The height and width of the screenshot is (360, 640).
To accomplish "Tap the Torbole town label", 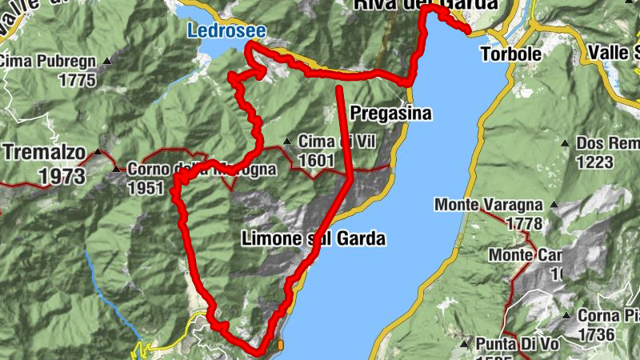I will (510, 54).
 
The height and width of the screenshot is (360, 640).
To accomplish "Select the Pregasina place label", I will (391, 114).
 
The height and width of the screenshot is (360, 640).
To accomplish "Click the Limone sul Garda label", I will (313, 238).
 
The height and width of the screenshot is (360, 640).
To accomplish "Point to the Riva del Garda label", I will (425, 6).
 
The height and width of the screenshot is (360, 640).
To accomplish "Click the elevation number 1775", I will (77, 80).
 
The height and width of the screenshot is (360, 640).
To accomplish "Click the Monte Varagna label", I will (489, 206).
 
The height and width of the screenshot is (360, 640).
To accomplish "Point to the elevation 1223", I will (594, 162).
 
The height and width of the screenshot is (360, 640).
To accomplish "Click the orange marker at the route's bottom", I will (281, 346).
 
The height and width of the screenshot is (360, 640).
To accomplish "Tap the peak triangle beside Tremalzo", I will (98, 151).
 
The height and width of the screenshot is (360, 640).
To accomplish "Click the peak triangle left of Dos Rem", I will (565, 143).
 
